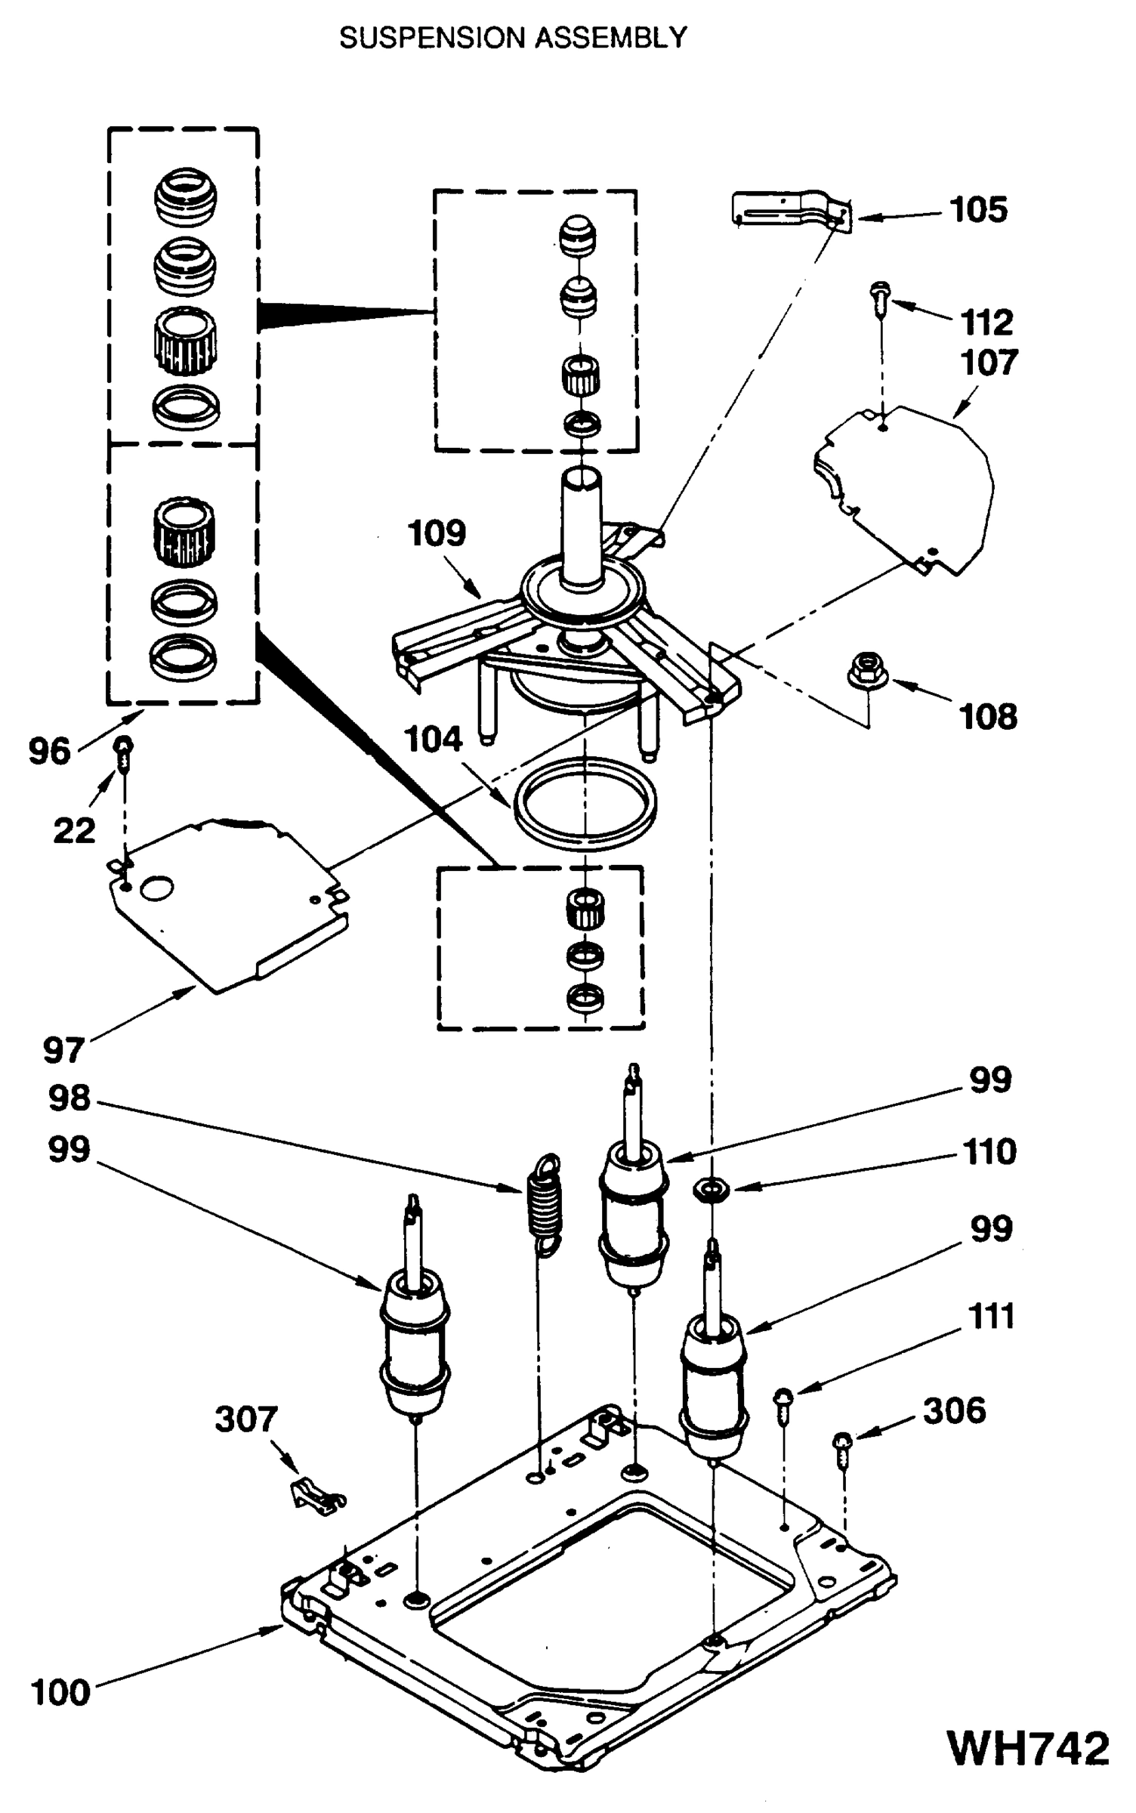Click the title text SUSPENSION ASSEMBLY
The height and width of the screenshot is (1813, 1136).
[513, 38]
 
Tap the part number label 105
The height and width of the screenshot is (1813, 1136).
[978, 209]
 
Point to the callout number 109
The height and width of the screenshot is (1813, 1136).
[437, 533]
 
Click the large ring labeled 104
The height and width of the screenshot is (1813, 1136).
[584, 802]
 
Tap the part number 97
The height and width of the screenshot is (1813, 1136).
[63, 1050]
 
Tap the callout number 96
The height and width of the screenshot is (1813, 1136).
[49, 752]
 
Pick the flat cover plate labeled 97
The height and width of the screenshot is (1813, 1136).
[227, 906]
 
